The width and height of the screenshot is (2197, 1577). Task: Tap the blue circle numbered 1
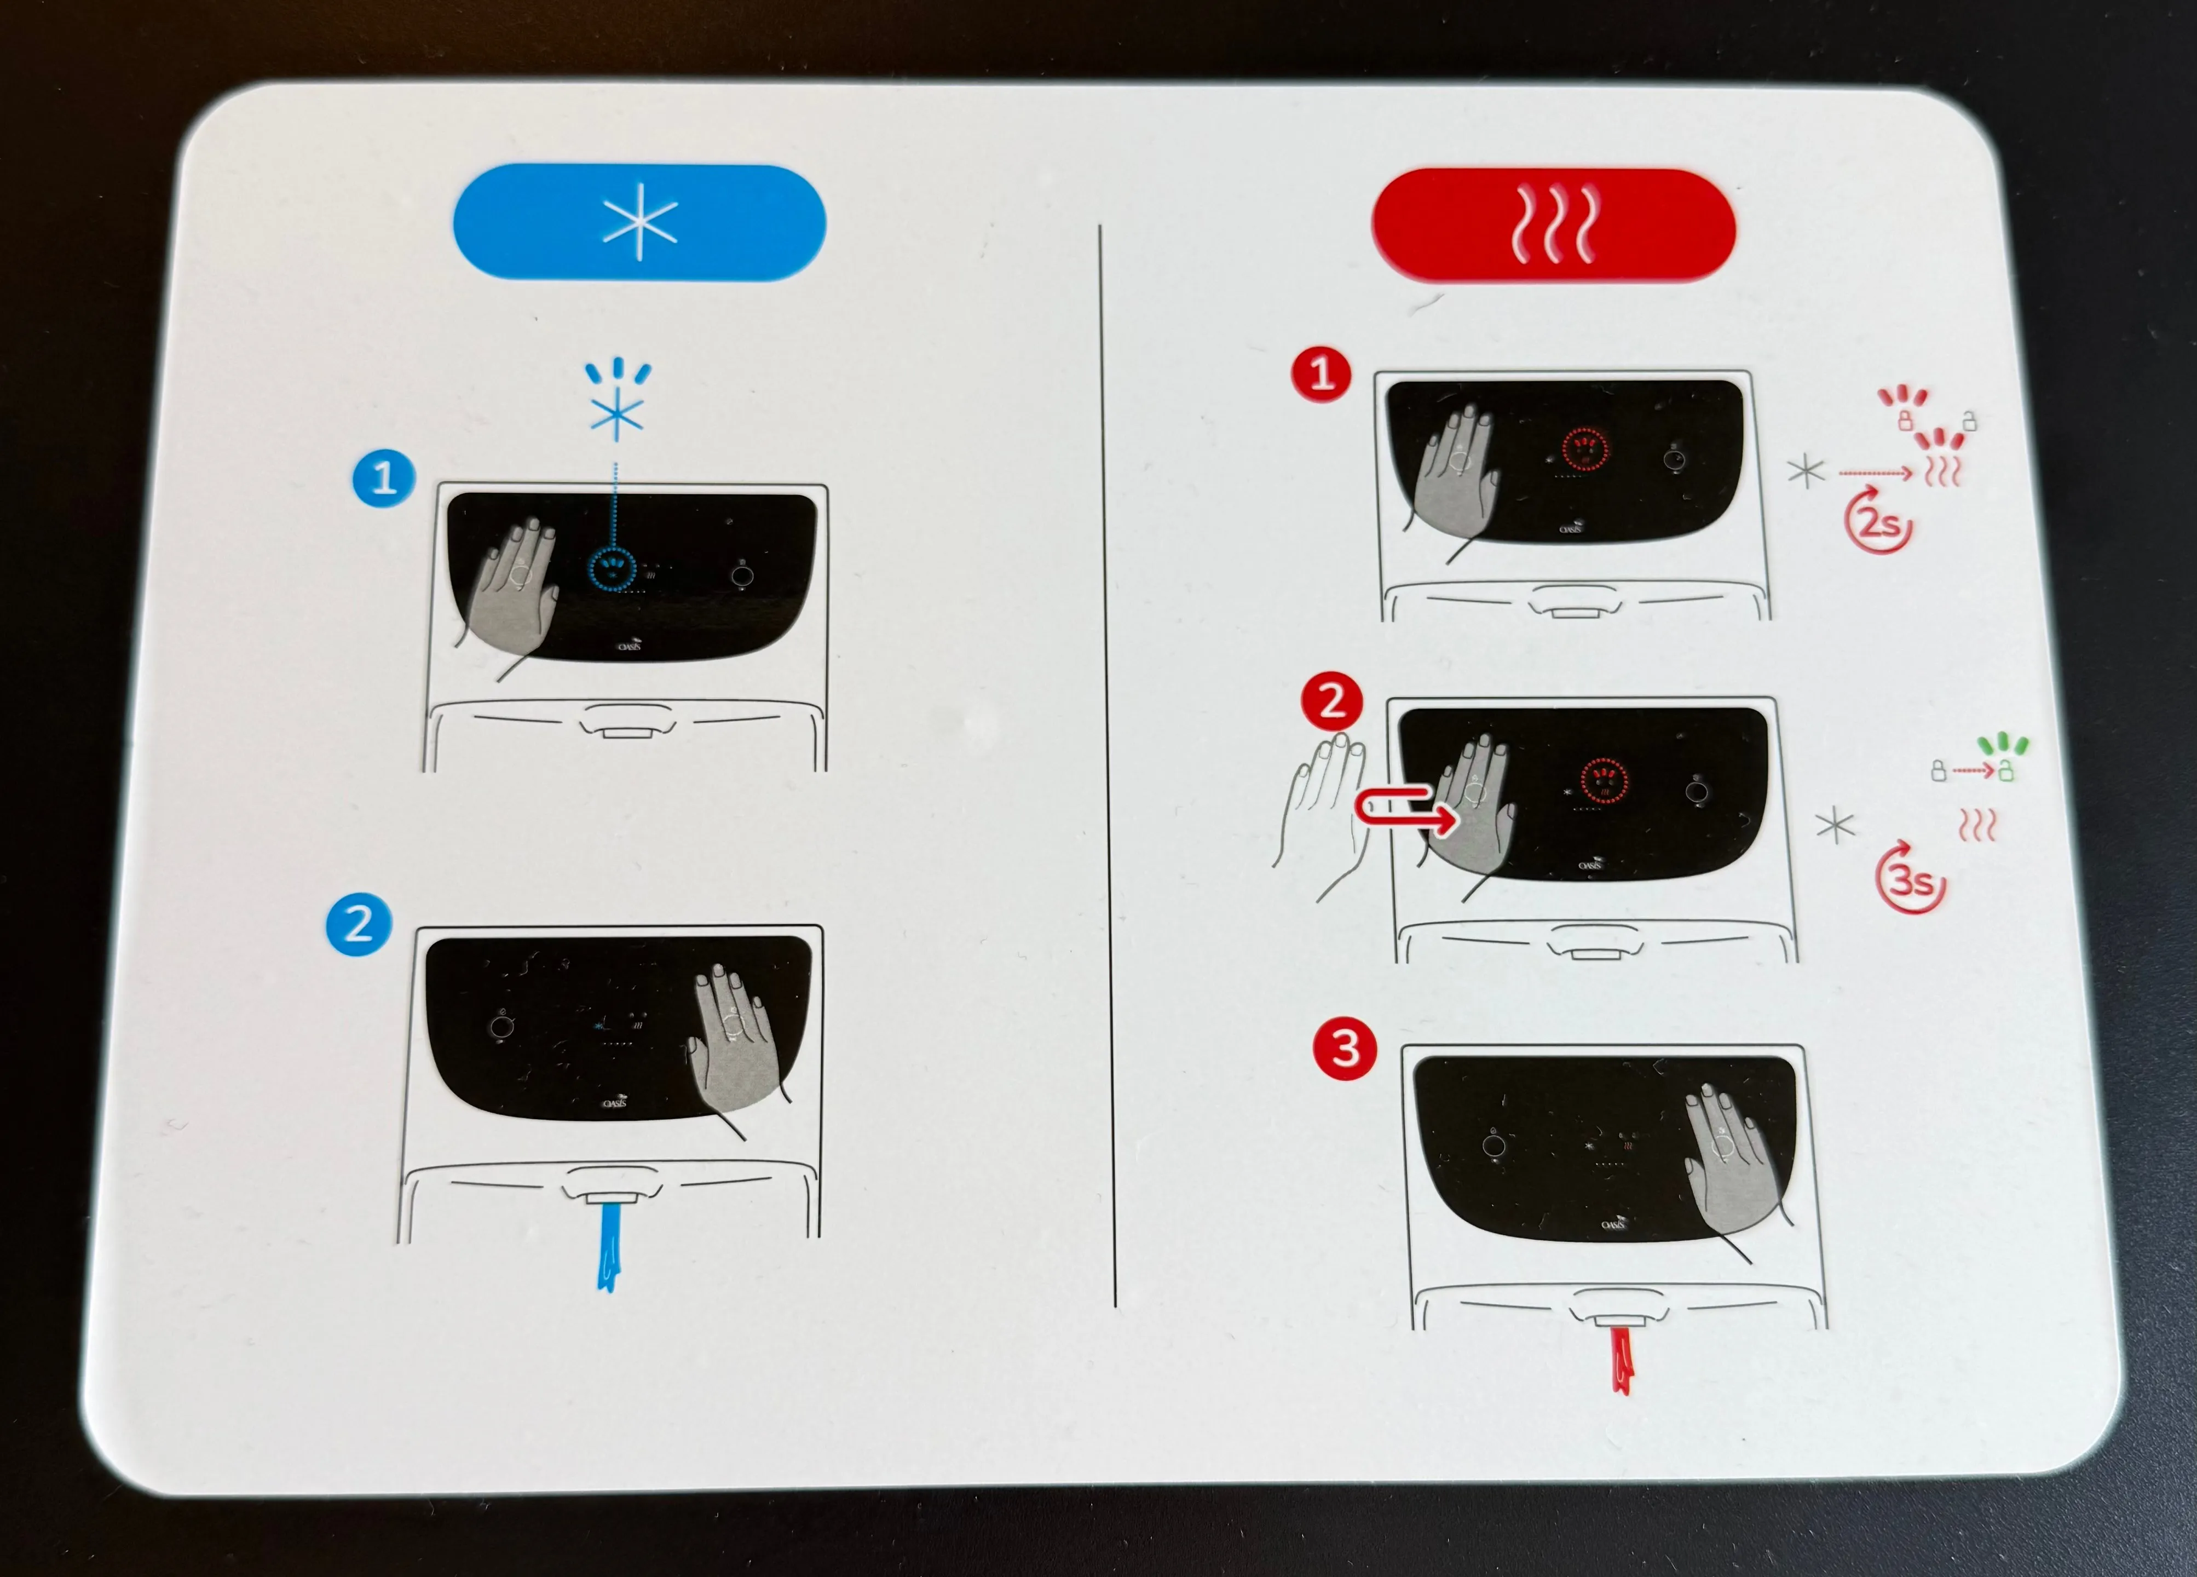click(384, 477)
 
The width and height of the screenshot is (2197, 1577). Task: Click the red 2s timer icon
click(1877, 523)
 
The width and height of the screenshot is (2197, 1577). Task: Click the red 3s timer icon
click(1909, 879)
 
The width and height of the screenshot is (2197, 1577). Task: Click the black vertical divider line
click(1106, 766)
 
